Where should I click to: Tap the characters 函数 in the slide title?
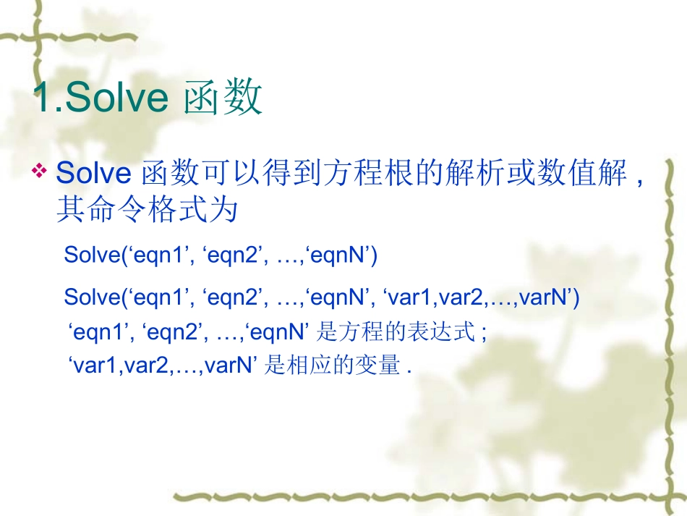click(x=222, y=99)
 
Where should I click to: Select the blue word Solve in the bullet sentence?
click(x=93, y=174)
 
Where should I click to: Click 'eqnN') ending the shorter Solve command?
click(x=342, y=255)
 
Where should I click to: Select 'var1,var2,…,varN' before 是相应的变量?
click(x=163, y=366)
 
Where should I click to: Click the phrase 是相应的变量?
click(x=333, y=366)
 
